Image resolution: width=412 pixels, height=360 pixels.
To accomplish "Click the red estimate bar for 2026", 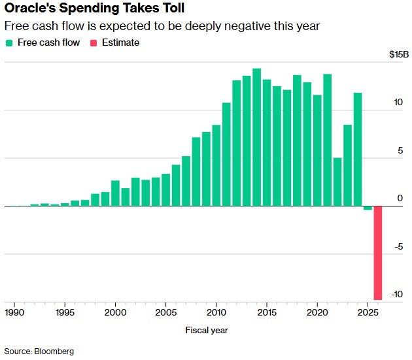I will (378, 252).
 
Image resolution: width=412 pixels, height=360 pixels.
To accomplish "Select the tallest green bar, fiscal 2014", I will (257, 137).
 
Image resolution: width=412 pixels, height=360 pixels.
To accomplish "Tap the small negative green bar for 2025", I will (368, 208).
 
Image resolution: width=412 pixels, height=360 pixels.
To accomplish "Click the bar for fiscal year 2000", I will (115, 193).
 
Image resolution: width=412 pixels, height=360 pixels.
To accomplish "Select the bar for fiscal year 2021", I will (327, 140).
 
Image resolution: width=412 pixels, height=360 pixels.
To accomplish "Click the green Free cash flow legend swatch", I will (9, 43).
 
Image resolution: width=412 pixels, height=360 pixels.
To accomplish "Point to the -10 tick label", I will (397, 295).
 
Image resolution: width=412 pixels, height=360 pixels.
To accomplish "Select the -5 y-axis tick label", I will (398, 247).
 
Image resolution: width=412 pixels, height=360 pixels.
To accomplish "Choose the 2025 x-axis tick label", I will (368, 312).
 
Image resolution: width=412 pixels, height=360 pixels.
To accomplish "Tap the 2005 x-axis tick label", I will (165, 312).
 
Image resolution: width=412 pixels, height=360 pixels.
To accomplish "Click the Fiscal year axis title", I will (206, 330).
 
